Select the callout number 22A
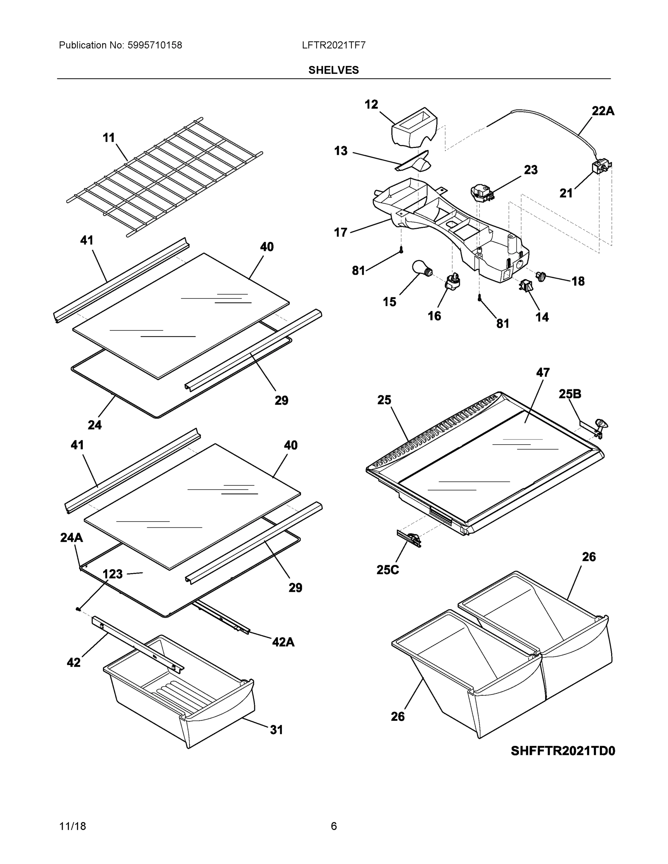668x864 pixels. tap(603, 111)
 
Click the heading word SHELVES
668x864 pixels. tap(333, 70)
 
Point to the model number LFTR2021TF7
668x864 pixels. tap(333, 45)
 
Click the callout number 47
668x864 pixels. tap(543, 373)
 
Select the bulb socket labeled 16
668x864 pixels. tap(453, 281)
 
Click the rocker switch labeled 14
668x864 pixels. tap(525, 285)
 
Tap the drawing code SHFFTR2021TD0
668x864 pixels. tap(563, 751)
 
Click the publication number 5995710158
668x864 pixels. tap(154, 45)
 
